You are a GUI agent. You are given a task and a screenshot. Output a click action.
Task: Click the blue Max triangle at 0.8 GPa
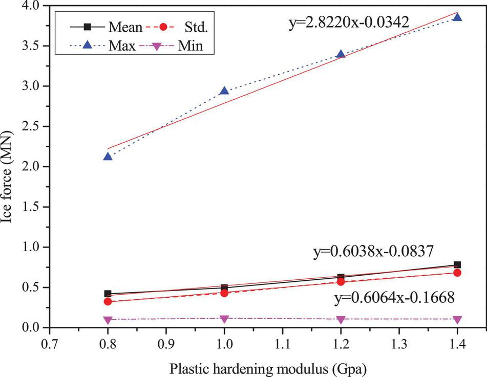click(108, 156)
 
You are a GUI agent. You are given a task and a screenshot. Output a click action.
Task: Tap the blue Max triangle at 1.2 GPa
click(341, 54)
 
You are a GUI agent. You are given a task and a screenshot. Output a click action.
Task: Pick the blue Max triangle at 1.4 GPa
click(457, 17)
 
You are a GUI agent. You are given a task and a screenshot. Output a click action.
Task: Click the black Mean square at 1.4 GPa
click(457, 264)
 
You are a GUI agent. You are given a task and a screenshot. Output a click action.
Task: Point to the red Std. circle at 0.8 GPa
click(108, 301)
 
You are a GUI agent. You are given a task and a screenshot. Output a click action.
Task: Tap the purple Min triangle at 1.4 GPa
click(457, 320)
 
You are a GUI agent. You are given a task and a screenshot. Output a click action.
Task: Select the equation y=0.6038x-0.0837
click(374, 251)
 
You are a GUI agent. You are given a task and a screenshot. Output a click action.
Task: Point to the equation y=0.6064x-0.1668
click(394, 298)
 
